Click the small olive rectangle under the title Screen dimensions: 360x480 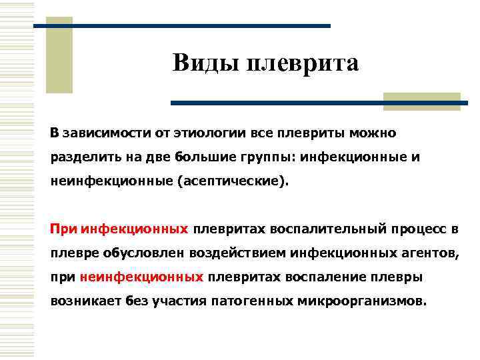(x=441, y=101)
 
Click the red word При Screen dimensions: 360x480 (x=64, y=229)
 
